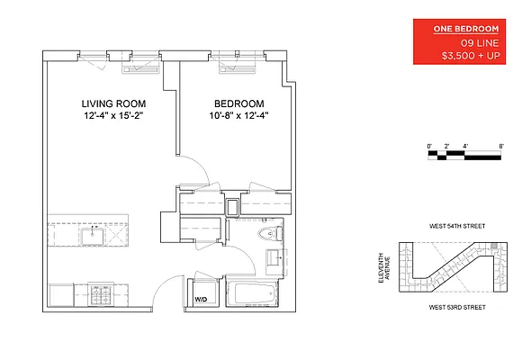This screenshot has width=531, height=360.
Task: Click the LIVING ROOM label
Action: coord(114,104)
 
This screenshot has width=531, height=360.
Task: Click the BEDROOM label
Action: coord(238,104)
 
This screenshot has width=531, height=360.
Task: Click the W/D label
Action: coord(201,299)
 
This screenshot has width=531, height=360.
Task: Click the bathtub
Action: coord(252,292)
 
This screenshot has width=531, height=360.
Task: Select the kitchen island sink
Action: coord(91,236)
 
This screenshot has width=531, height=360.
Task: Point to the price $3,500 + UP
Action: coord(471,56)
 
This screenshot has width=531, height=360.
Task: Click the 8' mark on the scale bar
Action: coord(500,145)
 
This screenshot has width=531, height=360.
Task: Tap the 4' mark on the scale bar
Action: coord(464,145)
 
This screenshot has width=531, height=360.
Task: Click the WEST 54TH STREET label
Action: coord(459,227)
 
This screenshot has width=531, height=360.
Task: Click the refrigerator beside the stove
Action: coord(61,294)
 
